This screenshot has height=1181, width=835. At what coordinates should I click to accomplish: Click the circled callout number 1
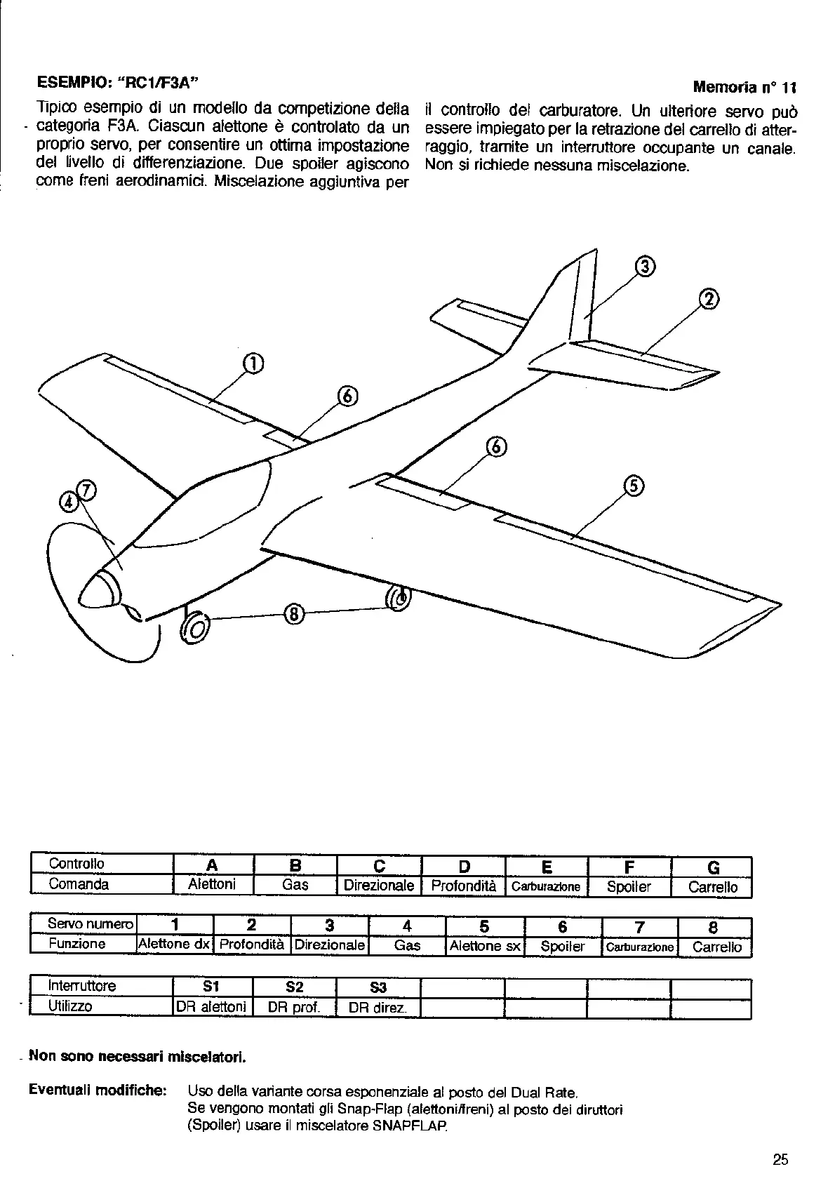tap(253, 363)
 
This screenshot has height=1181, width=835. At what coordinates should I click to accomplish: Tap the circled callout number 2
tap(709, 300)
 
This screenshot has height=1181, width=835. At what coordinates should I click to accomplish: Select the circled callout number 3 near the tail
tap(645, 267)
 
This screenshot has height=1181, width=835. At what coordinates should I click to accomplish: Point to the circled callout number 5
tap(633, 486)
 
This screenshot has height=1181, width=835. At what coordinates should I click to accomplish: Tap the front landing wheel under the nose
tap(194, 627)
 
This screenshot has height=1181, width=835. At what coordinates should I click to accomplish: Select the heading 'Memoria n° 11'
tap(744, 88)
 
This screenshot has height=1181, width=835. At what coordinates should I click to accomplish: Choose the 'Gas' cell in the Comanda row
tap(295, 885)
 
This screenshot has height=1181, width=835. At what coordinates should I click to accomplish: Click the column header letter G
tap(713, 868)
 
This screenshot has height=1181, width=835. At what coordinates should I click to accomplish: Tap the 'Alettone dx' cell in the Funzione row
tap(175, 945)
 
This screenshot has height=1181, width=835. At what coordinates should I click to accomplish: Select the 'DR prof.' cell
tap(294, 1008)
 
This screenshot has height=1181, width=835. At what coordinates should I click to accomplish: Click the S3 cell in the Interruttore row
tap(378, 988)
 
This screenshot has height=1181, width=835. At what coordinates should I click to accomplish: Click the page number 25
tap(780, 1159)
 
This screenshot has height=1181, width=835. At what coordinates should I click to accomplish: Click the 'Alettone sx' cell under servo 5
tap(485, 946)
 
